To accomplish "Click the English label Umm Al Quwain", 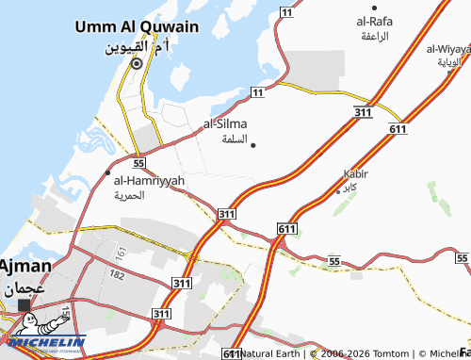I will [x=137, y=26].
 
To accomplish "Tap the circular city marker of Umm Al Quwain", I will [x=136, y=64].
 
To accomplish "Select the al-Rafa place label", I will [x=374, y=21].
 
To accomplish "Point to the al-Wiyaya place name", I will [x=448, y=48].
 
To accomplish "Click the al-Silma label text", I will [x=227, y=123].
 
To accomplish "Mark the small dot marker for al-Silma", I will [x=252, y=144].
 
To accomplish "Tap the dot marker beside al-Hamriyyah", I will [x=106, y=173].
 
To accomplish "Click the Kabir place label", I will [x=357, y=174].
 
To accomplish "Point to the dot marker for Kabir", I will [x=338, y=190].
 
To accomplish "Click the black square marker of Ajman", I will [x=24, y=304].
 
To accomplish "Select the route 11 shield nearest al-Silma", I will [x=256, y=90].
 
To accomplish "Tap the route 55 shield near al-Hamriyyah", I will [x=138, y=163].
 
